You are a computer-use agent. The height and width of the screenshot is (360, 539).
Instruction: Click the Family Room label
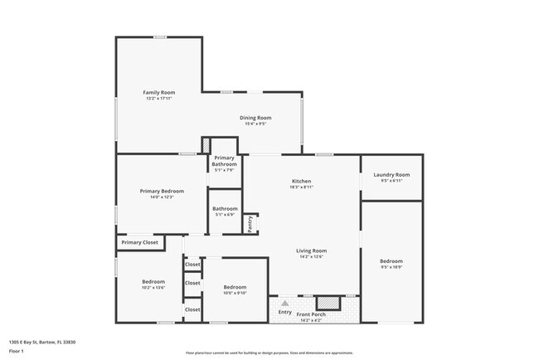158,92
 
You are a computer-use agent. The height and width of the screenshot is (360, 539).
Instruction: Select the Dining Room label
255,118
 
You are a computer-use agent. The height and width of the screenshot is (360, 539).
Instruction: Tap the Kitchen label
300,181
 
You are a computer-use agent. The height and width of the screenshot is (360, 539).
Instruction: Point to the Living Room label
312,251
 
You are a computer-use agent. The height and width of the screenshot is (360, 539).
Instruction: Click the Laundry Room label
391,174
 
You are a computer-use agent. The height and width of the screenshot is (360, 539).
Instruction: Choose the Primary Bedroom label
161,191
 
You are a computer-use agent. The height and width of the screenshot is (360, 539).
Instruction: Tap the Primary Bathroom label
225,161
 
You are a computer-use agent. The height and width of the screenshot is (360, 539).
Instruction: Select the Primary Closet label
139,242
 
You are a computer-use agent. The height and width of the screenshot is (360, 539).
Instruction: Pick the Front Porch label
312,314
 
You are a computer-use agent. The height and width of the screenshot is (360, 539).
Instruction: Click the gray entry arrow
284,304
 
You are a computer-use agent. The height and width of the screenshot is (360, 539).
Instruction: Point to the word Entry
284,313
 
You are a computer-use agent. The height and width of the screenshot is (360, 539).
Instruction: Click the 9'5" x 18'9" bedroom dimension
391,267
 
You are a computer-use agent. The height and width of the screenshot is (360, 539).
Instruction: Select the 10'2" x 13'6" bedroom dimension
153,288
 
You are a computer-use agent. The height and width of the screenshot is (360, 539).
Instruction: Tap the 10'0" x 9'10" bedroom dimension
235,292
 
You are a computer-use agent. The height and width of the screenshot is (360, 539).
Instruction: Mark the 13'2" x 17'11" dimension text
158,99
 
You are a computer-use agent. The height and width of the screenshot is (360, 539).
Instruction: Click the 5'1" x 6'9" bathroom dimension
225,215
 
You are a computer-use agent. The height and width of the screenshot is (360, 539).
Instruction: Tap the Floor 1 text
16,351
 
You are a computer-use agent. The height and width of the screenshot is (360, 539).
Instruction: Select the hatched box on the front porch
329,303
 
